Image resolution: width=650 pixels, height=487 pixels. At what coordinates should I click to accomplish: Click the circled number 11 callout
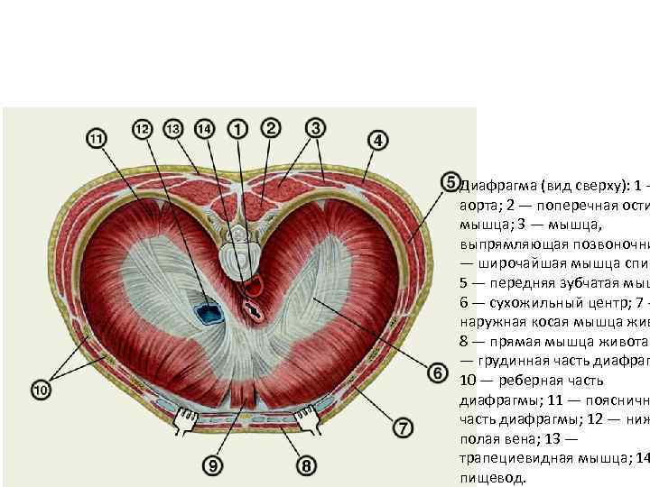click(96, 139)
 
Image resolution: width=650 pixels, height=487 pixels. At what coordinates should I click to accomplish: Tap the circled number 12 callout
click(143, 130)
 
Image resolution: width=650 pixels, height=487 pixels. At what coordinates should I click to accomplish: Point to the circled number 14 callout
click(205, 130)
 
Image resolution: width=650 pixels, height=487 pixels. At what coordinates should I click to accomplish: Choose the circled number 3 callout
click(315, 127)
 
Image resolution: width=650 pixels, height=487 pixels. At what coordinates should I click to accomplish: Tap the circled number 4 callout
click(378, 141)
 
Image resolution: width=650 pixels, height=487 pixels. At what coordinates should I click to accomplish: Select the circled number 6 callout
click(436, 372)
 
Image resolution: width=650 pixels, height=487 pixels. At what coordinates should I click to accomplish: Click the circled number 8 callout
click(306, 465)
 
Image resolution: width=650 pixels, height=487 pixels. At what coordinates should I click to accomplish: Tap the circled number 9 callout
click(212, 465)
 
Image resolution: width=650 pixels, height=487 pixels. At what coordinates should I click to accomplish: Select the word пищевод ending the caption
click(488, 479)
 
